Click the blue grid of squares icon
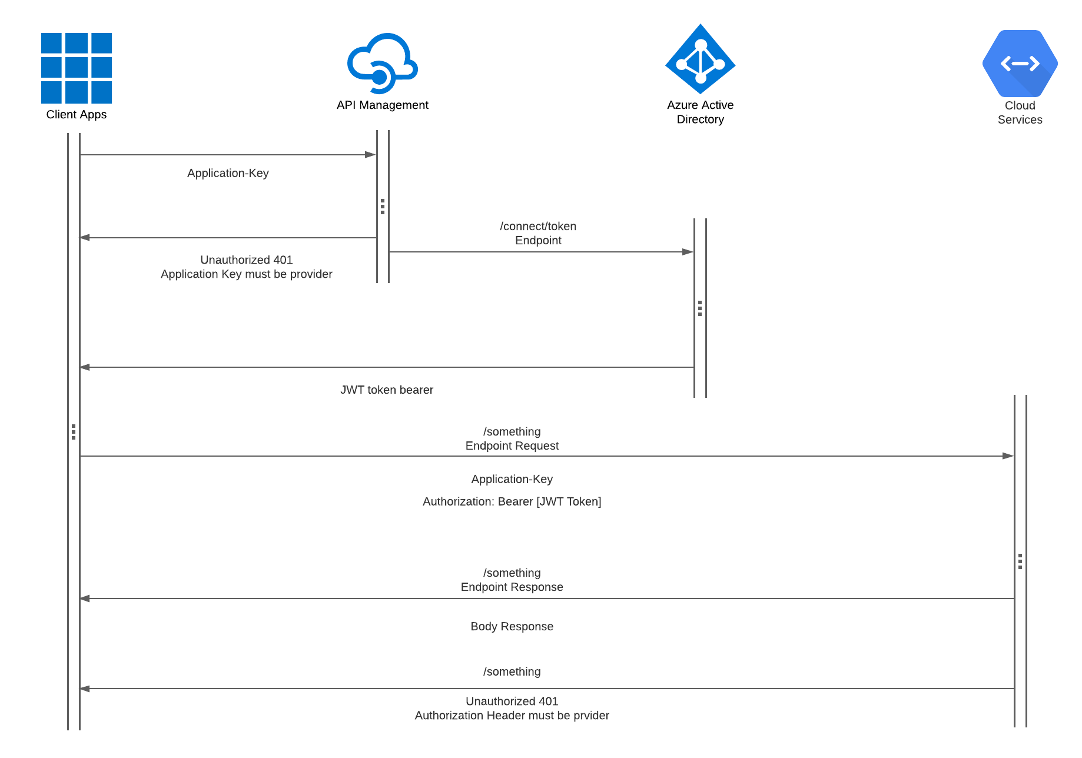[x=77, y=68]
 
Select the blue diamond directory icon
[x=701, y=59]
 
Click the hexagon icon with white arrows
[x=1020, y=64]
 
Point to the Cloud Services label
[x=1020, y=112]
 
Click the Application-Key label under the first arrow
[x=228, y=173]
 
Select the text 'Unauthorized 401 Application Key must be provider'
[x=246, y=267]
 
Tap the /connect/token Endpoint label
[x=538, y=234]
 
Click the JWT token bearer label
[x=387, y=390]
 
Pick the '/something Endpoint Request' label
[x=512, y=439]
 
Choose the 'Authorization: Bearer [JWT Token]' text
[x=512, y=501]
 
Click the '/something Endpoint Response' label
[x=512, y=580]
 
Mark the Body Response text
[x=512, y=627]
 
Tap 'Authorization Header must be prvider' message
[x=512, y=716]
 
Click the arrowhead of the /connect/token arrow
[x=688, y=252]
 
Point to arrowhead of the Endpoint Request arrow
[x=1008, y=456]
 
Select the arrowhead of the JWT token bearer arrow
[x=85, y=367]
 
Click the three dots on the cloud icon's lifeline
[x=383, y=207]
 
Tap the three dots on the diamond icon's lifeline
[x=700, y=308]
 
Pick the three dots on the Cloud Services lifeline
[x=1020, y=561]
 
